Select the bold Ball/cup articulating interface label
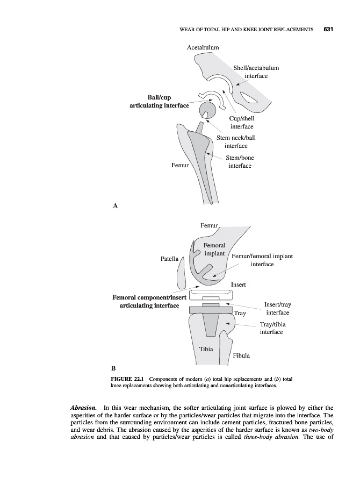(160, 102)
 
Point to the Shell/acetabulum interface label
(256, 72)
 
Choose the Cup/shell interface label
(242, 122)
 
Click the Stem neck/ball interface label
(236, 141)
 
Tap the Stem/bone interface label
(240, 162)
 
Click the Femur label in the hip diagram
(180, 166)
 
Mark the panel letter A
(114, 205)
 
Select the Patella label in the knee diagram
(170, 259)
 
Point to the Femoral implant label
(214, 249)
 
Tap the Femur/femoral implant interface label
(262, 260)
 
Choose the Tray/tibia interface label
(272, 328)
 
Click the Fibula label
(241, 355)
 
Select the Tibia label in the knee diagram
(206, 349)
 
